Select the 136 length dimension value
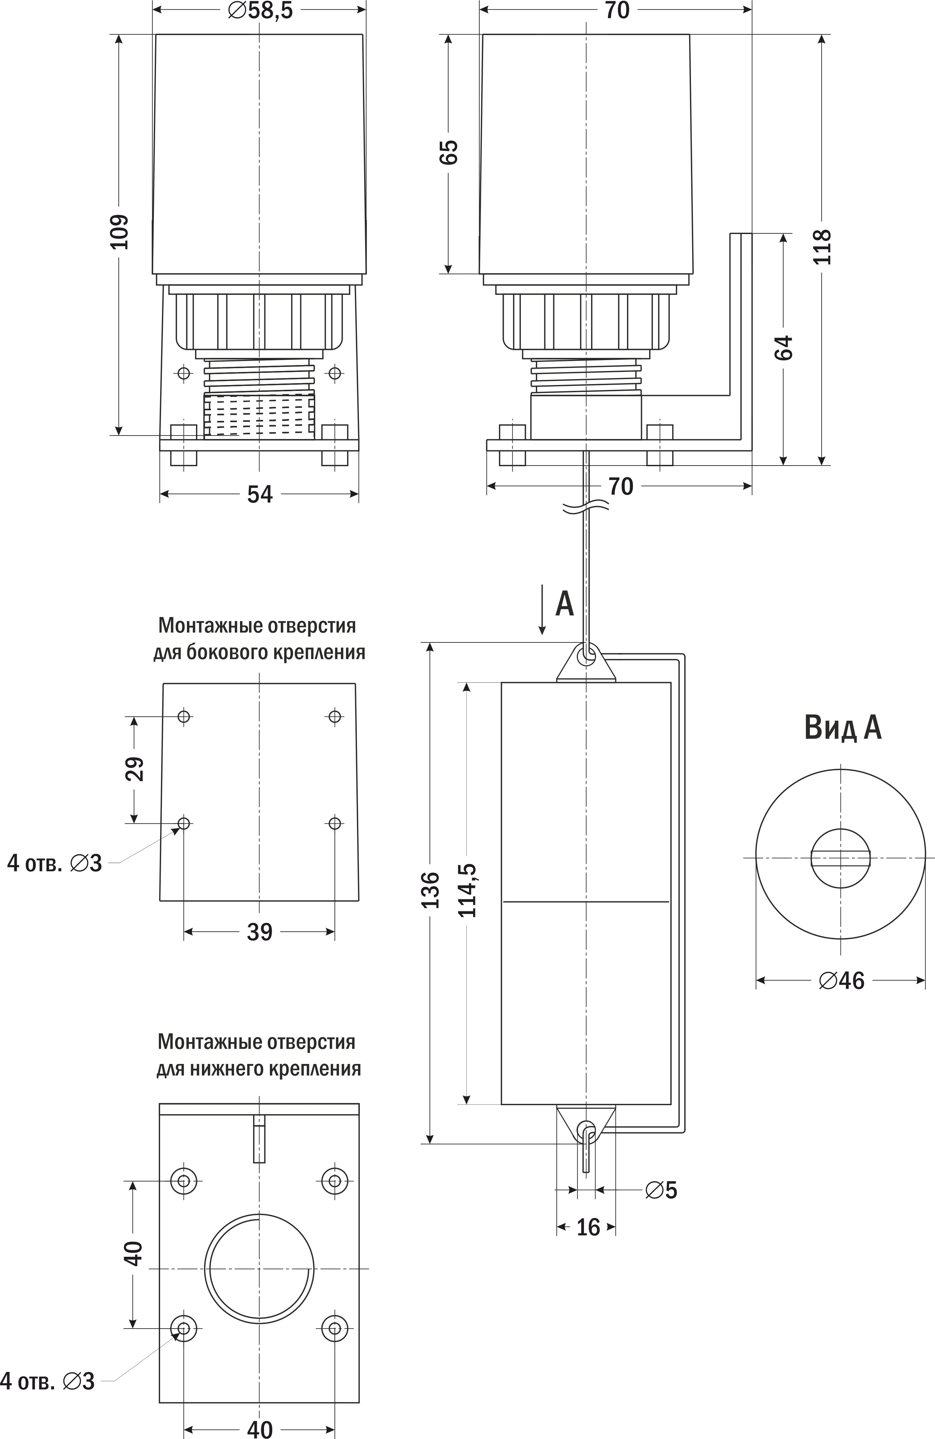pyautogui.click(x=430, y=890)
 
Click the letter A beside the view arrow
pyautogui.click(x=564, y=603)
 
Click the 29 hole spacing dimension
pyautogui.click(x=135, y=769)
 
